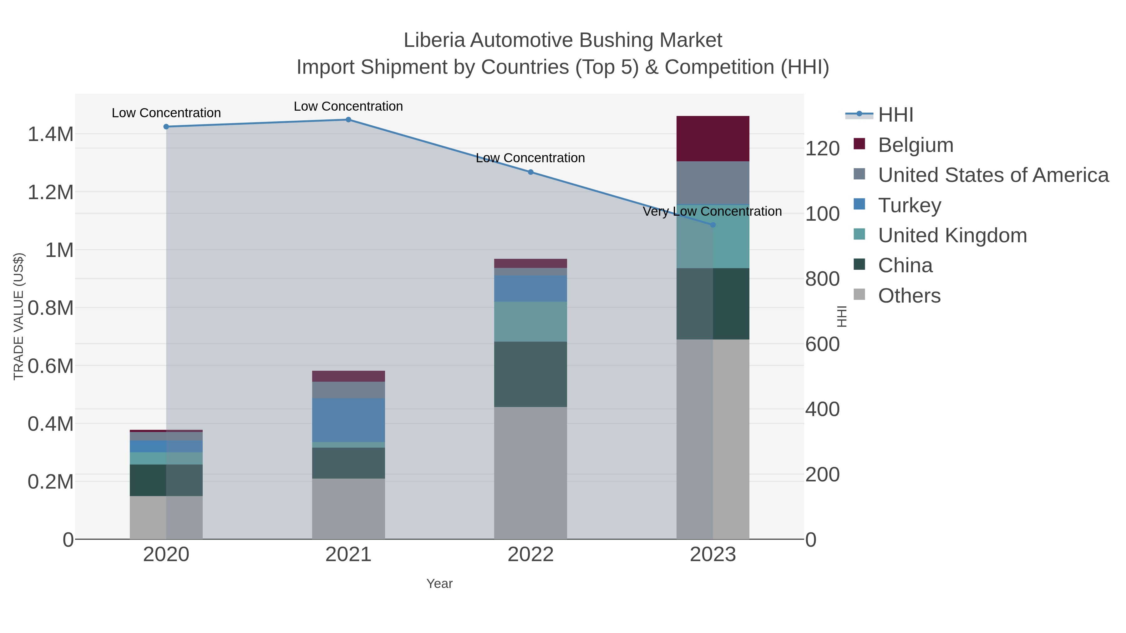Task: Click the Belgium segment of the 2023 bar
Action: pyautogui.click(x=713, y=138)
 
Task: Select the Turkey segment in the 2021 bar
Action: pyautogui.click(x=348, y=420)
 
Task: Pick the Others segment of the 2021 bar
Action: pyautogui.click(x=348, y=509)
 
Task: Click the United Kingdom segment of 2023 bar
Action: pyautogui.click(x=713, y=236)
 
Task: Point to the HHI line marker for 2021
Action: pyautogui.click(x=348, y=119)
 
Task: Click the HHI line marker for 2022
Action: pyautogui.click(x=531, y=172)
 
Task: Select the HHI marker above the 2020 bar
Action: pyautogui.click(x=166, y=127)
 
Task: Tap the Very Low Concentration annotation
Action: pyautogui.click(x=712, y=211)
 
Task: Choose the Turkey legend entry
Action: pyautogui.click(x=909, y=205)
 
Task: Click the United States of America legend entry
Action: pyautogui.click(x=993, y=175)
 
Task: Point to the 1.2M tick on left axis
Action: pyautogui.click(x=51, y=192)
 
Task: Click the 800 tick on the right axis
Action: pyautogui.click(x=822, y=279)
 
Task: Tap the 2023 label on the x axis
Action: pyautogui.click(x=713, y=554)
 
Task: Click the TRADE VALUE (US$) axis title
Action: pyautogui.click(x=18, y=316)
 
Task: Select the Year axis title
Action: pyautogui.click(x=439, y=584)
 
